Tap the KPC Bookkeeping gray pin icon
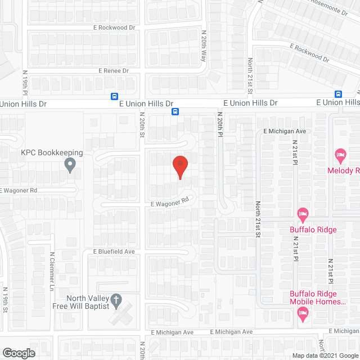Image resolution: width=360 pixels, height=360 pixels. [x=70, y=165]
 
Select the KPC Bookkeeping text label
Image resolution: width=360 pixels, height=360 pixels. [x=52, y=152]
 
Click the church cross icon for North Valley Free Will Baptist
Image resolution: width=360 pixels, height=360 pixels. [x=116, y=300]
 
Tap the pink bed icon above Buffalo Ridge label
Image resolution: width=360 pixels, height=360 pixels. [x=303, y=214]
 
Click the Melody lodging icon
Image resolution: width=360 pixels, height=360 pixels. [x=339, y=154]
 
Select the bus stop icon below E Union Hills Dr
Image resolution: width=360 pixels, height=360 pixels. [x=175, y=111]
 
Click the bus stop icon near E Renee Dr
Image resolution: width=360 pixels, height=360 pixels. [x=114, y=96]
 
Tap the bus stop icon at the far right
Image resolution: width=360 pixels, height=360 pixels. [x=339, y=94]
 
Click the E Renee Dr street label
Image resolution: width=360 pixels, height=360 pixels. [x=114, y=71]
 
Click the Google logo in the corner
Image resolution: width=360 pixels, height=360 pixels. [x=18, y=353]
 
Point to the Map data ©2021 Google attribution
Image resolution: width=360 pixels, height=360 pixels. [x=323, y=355]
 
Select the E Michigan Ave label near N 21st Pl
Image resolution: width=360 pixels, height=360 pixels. [x=284, y=131]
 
